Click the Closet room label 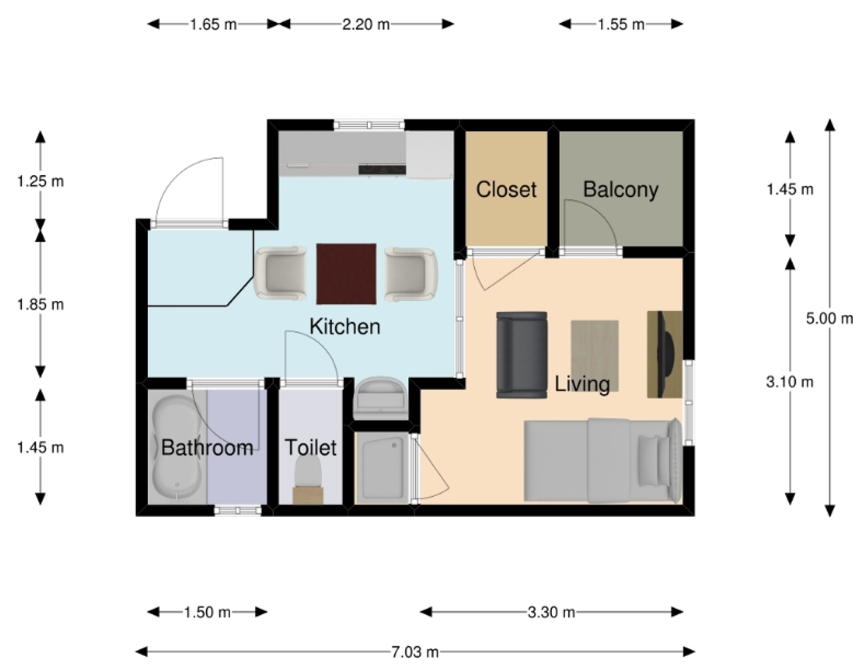tap(506, 189)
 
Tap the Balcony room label tap(620, 190)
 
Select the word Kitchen tap(345, 326)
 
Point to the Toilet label tap(311, 447)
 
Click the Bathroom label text tap(207, 447)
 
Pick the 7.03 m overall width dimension tap(415, 652)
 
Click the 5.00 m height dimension tap(830, 318)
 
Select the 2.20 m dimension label tap(366, 25)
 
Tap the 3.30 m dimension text tap(551, 612)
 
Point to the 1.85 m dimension tap(41, 304)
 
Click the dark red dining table tap(347, 274)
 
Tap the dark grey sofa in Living tap(522, 355)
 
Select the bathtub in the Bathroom tap(177, 448)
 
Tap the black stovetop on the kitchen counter tap(382, 169)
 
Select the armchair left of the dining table tap(281, 274)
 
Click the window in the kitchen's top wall tap(369, 125)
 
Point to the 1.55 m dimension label tap(621, 25)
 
